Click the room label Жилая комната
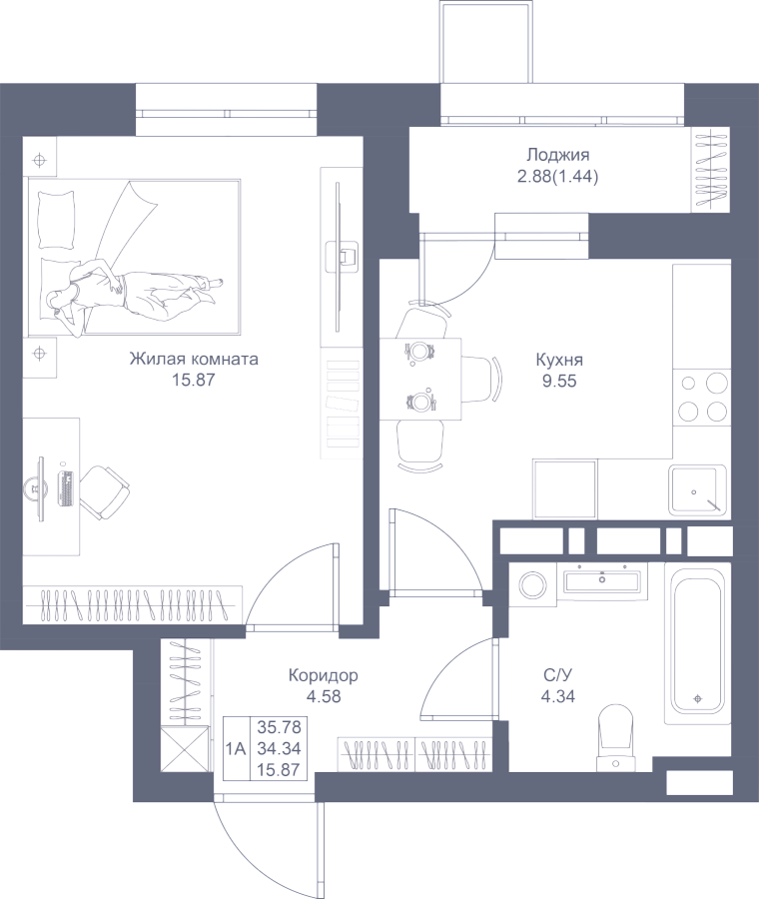pos(194,360)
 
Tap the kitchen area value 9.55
pos(559,381)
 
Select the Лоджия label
pos(557,155)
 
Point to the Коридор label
pos(323,676)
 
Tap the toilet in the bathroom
pos(615,734)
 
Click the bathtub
pos(697,639)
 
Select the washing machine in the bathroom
pos(529,582)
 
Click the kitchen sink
pos(697,488)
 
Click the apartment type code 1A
pos(237,746)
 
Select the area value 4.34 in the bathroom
pos(557,696)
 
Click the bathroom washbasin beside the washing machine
pos(603,579)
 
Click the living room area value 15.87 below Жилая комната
pos(194,380)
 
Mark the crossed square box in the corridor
pos(186,749)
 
